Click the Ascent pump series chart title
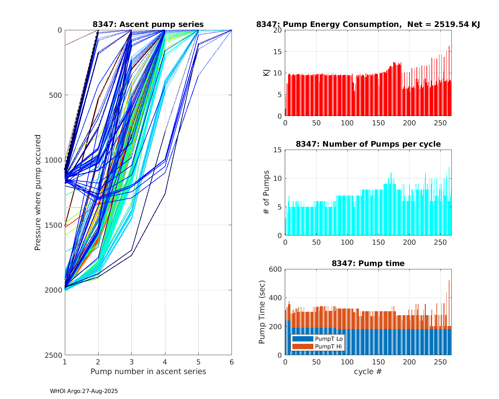point(148,24)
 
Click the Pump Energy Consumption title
point(368,24)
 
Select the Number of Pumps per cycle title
point(368,144)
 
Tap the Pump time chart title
point(368,263)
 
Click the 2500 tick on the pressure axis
point(55,355)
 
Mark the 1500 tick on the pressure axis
point(55,225)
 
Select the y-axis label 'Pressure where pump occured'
point(38,193)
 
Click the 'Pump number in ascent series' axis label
point(148,371)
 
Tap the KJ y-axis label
point(266,73)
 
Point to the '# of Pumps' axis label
point(266,193)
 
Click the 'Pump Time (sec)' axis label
point(262,312)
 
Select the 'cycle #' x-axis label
point(368,371)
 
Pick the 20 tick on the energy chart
point(278,30)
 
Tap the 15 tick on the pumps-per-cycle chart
point(278,150)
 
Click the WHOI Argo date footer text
point(84,391)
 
